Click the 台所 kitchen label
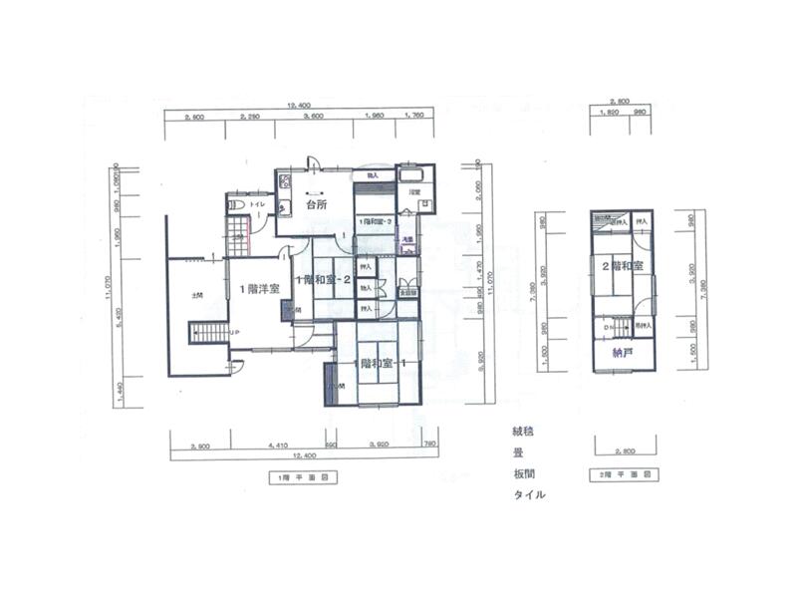tap(317, 204)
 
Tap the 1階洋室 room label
tap(259, 288)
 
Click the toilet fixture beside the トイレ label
tap(237, 205)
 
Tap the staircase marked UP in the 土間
tap(209, 332)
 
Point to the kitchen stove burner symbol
tap(284, 181)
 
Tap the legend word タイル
tap(529, 495)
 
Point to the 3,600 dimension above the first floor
tap(314, 117)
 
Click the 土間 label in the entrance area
tap(197, 296)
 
